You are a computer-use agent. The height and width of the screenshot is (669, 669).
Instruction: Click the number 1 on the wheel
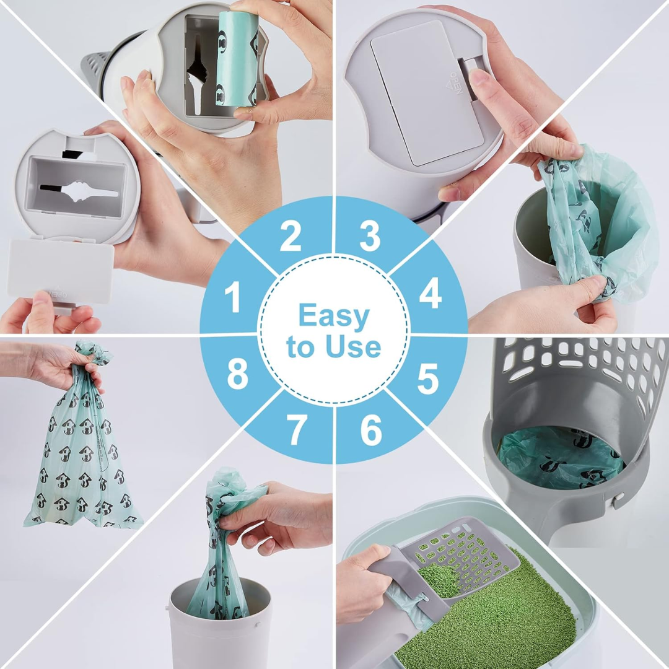click(233, 298)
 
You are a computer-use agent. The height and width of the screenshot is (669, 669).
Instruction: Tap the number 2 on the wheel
click(290, 236)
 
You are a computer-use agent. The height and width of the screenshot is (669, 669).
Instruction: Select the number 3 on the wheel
click(370, 236)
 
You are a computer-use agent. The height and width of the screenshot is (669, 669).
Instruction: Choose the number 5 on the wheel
click(428, 379)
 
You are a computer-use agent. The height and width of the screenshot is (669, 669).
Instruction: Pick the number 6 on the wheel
click(370, 430)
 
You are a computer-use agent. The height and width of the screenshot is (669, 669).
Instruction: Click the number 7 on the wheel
click(297, 430)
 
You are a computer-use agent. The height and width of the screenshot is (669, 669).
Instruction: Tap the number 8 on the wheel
click(237, 374)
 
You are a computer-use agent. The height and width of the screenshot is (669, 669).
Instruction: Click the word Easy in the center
click(333, 317)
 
